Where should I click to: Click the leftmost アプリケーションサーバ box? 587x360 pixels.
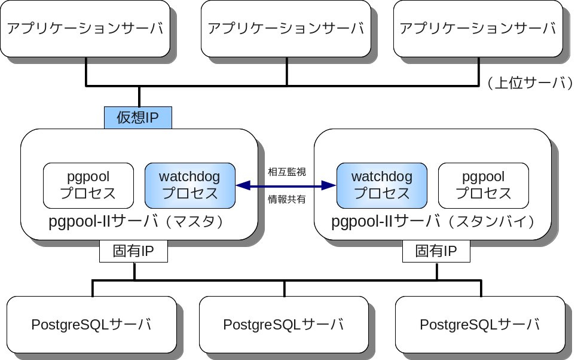click(85, 29)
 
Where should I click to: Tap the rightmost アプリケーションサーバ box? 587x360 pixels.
click(477, 29)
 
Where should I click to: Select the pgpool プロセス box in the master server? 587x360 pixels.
click(88, 185)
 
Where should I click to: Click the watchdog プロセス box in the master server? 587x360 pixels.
click(189, 185)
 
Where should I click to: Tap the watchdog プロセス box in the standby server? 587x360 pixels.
click(382, 185)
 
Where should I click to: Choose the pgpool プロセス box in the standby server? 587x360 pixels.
click(484, 185)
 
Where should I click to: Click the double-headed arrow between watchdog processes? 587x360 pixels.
click(286, 187)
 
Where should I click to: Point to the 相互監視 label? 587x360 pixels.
click(286, 172)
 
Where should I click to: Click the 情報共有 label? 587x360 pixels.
click(286, 200)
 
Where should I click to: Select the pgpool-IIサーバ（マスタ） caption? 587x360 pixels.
click(137, 222)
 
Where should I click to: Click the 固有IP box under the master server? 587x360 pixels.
click(133, 251)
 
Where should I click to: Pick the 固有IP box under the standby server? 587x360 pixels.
click(436, 251)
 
